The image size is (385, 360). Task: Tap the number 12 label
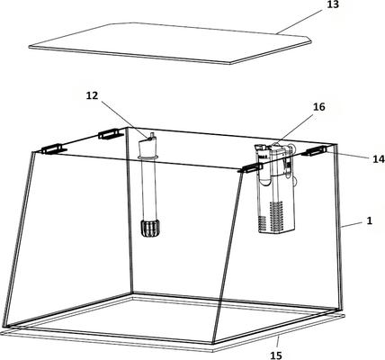(x=93, y=96)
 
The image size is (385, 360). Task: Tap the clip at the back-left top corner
(x=111, y=134)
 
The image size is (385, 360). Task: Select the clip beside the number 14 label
(x=314, y=151)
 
